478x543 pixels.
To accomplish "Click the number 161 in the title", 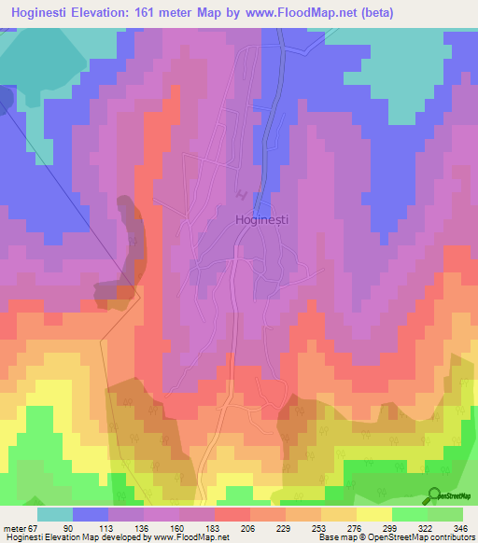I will [x=157, y=12].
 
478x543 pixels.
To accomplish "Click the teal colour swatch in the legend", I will [x=55, y=514].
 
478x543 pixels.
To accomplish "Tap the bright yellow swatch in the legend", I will [x=374, y=514].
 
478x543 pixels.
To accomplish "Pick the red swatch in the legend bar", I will [x=232, y=514].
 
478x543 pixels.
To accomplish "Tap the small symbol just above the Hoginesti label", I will [x=243, y=195].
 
